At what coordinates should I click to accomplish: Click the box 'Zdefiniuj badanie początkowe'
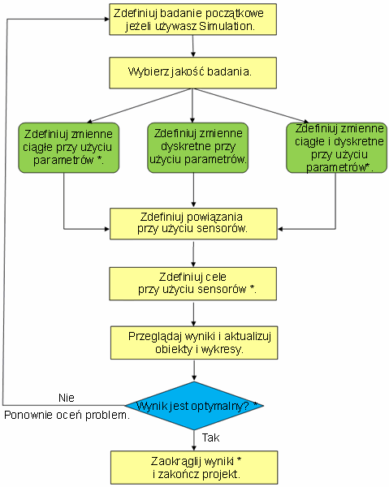192,19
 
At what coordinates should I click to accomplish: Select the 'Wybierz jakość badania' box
192,73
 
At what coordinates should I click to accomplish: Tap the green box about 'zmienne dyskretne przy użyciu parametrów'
197,148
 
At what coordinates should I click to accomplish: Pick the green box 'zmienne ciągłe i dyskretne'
336,148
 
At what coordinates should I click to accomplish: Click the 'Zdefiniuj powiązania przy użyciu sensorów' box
193,224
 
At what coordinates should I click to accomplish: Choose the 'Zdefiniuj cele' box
192,284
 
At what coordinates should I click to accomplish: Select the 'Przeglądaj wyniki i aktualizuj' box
194,343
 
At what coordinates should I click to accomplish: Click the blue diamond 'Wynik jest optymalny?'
194,406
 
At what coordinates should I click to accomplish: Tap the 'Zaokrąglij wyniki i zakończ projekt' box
194,468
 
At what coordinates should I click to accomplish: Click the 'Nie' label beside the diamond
67,398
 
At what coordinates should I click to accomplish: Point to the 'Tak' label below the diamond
210,437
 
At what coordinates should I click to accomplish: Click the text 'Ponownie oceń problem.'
67,415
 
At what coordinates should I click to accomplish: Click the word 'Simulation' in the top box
225,26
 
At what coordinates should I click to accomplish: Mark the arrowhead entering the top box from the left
106,19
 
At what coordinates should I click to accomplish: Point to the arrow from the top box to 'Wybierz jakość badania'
193,46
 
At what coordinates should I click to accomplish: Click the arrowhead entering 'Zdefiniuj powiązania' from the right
280,229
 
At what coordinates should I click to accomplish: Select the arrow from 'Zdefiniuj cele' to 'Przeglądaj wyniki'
193,314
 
